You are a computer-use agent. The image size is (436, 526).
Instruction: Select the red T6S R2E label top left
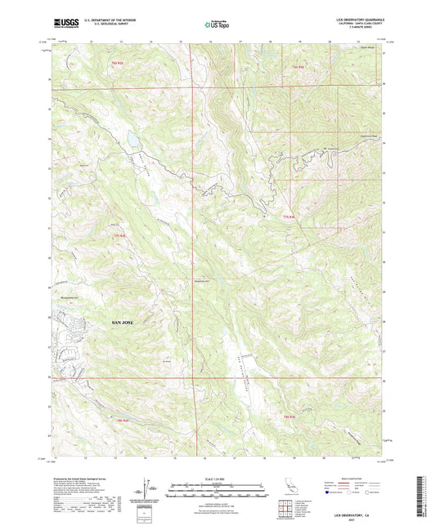(x=118, y=63)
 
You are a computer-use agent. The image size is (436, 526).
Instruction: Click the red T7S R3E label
(x=287, y=216)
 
